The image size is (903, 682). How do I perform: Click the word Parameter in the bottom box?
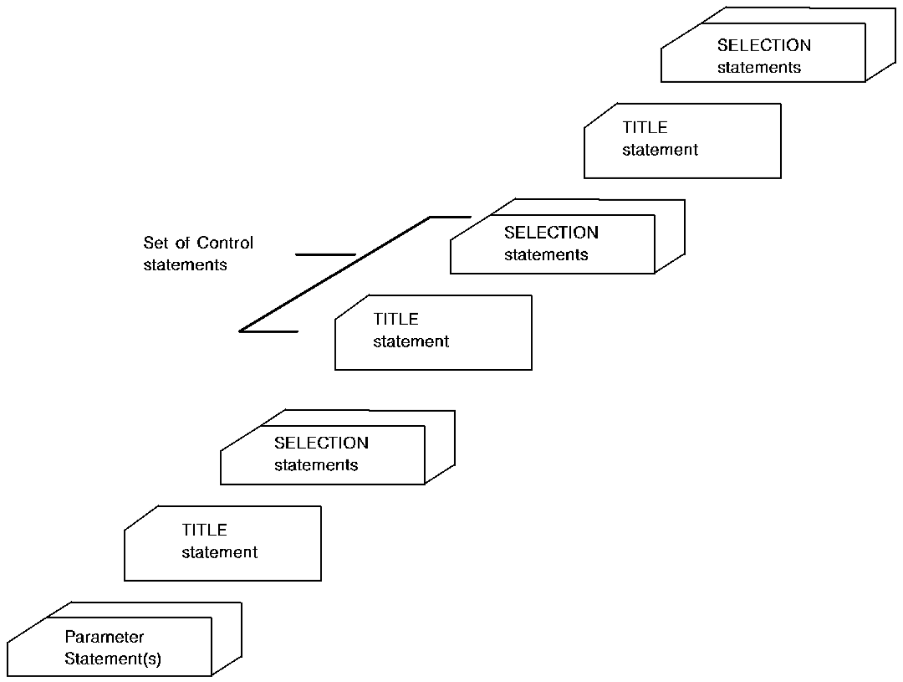(105, 638)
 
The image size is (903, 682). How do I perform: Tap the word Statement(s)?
(113, 659)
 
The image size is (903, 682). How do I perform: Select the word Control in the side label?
(225, 244)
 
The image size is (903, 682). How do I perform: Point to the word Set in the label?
(156, 244)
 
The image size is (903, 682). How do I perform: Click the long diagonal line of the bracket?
(334, 274)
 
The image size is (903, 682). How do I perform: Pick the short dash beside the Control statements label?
(325, 254)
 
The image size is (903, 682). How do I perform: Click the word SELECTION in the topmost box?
(763, 46)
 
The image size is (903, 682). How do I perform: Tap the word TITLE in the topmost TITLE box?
(645, 128)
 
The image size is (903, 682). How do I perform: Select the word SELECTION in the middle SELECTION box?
(551, 233)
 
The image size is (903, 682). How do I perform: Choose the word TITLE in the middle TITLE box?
(395, 319)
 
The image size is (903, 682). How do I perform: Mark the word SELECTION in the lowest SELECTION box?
(321, 443)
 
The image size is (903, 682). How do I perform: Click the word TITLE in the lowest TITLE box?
(204, 530)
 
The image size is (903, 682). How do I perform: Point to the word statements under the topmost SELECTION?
(759, 68)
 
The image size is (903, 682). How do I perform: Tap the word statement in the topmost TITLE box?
(660, 151)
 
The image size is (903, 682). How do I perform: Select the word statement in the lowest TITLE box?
(220, 552)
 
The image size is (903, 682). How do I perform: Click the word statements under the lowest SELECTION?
(316, 465)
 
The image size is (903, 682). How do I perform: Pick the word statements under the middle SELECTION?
(546, 254)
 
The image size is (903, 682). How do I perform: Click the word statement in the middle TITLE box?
(411, 341)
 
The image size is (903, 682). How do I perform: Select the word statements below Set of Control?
(185, 265)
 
